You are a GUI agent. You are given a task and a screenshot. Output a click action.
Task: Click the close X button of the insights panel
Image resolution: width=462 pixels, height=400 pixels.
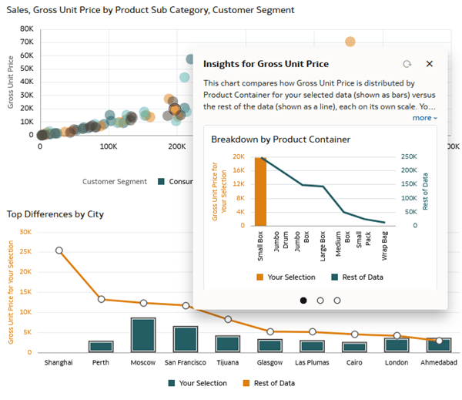point(430,64)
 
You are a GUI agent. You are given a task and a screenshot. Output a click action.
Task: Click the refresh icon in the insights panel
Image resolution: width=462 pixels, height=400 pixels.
point(407,64)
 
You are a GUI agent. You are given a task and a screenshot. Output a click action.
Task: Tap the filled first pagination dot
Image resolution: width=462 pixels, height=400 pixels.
point(303,300)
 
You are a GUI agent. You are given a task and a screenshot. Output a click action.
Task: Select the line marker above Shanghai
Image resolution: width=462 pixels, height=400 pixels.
point(59,250)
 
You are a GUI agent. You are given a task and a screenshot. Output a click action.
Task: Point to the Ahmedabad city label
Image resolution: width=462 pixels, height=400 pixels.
point(439,362)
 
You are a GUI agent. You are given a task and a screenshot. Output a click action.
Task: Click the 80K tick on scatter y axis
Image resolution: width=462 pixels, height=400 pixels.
point(25,29)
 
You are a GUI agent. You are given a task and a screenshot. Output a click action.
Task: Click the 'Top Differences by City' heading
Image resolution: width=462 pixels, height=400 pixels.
point(55,213)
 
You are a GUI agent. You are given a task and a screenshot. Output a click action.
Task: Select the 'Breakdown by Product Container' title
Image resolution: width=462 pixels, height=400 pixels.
point(281,139)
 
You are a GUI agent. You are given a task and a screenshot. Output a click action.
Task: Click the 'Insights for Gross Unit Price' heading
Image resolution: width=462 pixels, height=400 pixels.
point(266,64)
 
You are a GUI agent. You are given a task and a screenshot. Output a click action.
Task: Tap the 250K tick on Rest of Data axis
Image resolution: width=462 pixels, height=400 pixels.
point(407,156)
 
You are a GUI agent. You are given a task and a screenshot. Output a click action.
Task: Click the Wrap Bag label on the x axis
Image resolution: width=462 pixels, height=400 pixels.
point(383,246)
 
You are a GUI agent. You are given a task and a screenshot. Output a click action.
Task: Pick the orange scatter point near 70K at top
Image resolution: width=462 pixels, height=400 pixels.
point(350,42)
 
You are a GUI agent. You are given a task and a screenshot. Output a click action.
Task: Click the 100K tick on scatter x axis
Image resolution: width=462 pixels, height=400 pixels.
point(108,145)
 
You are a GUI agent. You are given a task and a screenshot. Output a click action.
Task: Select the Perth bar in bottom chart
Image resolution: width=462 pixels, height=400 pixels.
point(101,346)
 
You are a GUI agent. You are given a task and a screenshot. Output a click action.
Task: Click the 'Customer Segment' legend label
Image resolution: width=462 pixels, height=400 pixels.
point(114,181)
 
